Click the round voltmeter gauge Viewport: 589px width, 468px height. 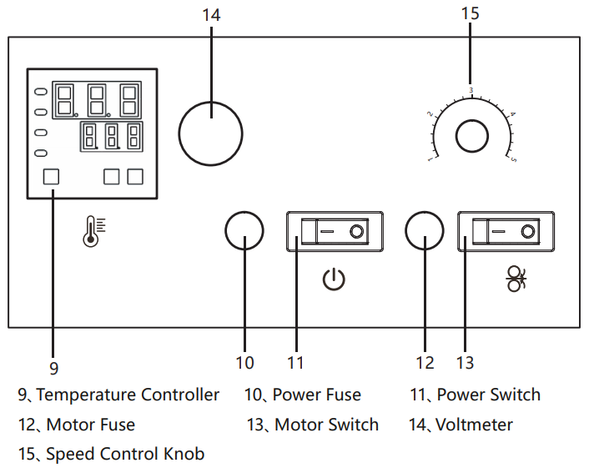tap(210, 133)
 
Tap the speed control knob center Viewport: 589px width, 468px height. tap(471, 136)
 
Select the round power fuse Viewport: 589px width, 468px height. tap(244, 231)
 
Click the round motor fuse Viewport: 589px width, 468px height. tap(425, 231)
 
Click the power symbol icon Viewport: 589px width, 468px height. tap(334, 279)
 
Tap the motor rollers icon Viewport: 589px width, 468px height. tap(516, 279)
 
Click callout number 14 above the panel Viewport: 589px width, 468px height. tap(210, 14)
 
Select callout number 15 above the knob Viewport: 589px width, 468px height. tap(470, 14)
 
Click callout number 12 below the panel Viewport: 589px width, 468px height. tap(425, 363)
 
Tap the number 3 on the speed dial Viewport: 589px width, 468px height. tap(471, 90)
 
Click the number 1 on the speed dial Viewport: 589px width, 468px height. tap(430, 159)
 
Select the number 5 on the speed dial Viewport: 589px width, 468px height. tap(514, 159)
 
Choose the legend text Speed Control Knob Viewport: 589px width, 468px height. tap(125, 454)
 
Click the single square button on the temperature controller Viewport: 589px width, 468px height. tap(51, 176)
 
